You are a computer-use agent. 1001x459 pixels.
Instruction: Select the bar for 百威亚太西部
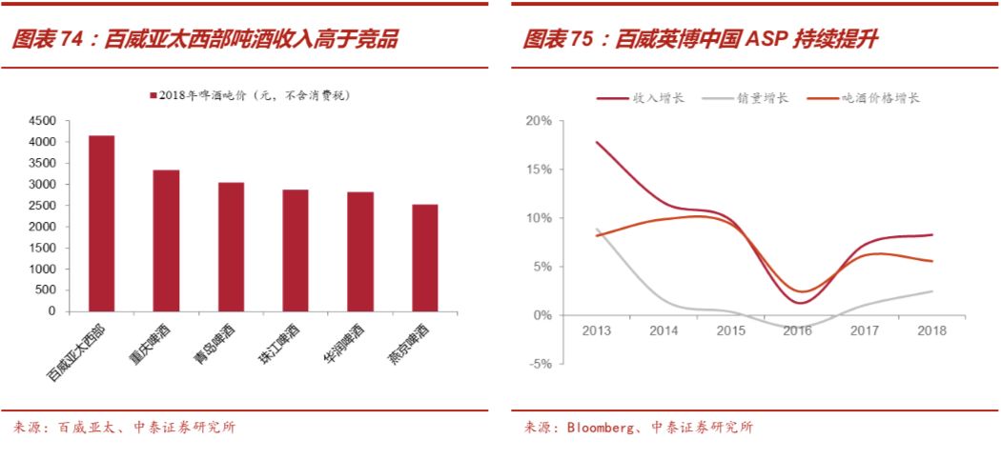pyautogui.click(x=101, y=224)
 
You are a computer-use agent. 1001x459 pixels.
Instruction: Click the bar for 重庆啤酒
pyautogui.click(x=166, y=241)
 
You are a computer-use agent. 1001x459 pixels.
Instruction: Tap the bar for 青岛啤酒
pyautogui.click(x=231, y=247)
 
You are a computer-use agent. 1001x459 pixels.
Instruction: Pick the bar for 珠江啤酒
pyautogui.click(x=295, y=250)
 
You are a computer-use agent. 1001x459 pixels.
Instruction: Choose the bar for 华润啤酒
pyautogui.click(x=359, y=251)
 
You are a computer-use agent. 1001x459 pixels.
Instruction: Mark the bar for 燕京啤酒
pyautogui.click(x=424, y=258)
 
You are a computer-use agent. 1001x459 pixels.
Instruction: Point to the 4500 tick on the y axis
pyautogui.click(x=42, y=121)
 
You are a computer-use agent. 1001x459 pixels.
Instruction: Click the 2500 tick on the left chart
pyautogui.click(x=42, y=206)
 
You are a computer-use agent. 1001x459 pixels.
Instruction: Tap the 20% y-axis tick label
pyautogui.click(x=539, y=121)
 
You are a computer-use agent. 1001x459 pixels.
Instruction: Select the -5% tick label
pyautogui.click(x=541, y=363)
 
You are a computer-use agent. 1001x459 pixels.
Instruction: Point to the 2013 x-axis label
pyautogui.click(x=596, y=330)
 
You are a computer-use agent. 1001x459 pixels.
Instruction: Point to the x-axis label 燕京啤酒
pyautogui.click(x=412, y=345)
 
